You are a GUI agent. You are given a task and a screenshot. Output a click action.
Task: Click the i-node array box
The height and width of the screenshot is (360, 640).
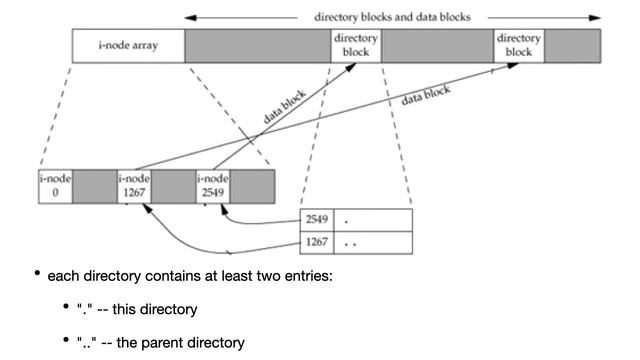(129, 45)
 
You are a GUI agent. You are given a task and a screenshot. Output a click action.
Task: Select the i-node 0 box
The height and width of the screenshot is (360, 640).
(55, 185)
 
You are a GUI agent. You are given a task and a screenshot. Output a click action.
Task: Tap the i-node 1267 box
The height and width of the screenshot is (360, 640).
(135, 185)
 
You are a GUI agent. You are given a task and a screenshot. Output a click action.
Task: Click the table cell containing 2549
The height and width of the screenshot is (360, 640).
(317, 219)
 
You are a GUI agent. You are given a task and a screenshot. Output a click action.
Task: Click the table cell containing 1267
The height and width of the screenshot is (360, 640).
(317, 243)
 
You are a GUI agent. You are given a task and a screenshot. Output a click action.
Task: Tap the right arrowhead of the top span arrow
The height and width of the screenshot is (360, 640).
(596, 17)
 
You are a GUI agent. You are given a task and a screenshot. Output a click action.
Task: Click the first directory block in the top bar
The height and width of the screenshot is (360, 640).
(355, 45)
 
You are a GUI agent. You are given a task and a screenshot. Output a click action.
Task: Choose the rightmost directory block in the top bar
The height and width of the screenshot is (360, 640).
(519, 45)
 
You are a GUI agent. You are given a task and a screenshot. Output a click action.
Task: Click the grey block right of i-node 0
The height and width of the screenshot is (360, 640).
(95, 185)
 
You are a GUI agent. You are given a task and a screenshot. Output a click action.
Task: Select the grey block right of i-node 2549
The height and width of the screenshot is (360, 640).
(255, 185)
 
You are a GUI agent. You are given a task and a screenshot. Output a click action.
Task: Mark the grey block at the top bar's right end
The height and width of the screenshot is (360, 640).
(573, 45)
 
